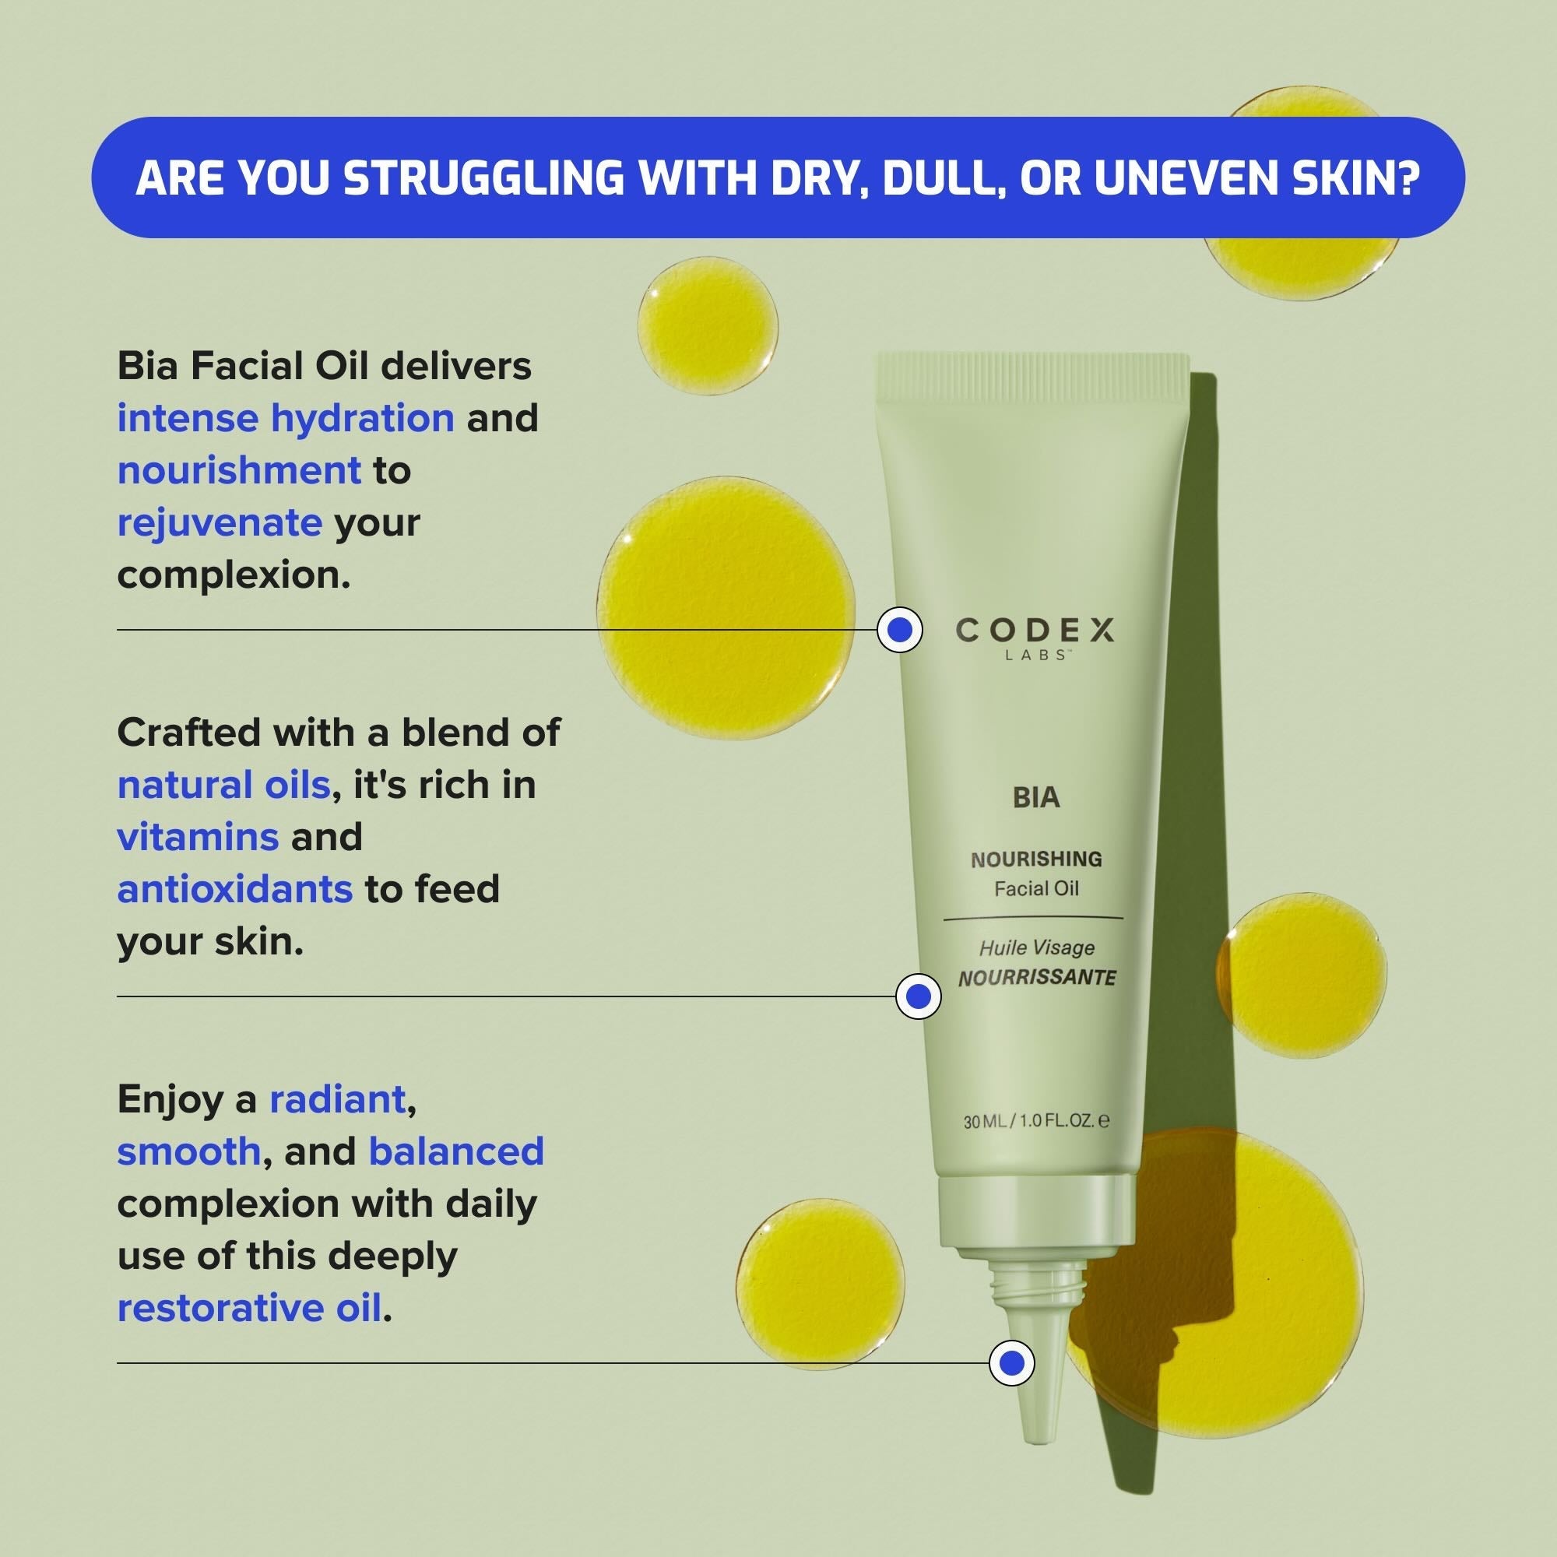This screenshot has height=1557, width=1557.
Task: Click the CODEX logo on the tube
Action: pyautogui.click(x=1035, y=631)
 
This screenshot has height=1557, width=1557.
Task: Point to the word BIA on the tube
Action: pyautogui.click(x=1035, y=797)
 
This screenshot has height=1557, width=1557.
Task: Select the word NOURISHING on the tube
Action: pyautogui.click(x=1036, y=859)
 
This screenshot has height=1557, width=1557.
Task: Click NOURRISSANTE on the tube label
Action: pyautogui.click(x=1037, y=979)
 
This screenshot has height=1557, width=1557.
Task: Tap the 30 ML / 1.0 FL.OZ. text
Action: pyautogui.click(x=1036, y=1121)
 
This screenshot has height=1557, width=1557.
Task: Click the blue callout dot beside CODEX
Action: pyautogui.click(x=899, y=629)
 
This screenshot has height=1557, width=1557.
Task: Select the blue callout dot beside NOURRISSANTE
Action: pyautogui.click(x=919, y=997)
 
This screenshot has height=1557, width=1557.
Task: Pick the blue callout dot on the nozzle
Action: pyautogui.click(x=1011, y=1364)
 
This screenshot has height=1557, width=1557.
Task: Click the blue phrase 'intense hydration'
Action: pyautogui.click(x=286, y=418)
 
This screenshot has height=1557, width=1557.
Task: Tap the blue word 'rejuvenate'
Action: pyautogui.click(x=220, y=523)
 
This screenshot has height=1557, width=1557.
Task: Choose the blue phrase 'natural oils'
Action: pyautogui.click(x=224, y=785)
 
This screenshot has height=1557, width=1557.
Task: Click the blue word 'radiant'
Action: pyautogui.click(x=337, y=1099)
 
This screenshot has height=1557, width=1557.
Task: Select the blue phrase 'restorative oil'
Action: pyautogui.click(x=249, y=1309)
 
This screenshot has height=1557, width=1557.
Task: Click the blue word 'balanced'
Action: pyautogui.click(x=456, y=1151)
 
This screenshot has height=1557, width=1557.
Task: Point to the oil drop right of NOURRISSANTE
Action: pyautogui.click(x=1302, y=975)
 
